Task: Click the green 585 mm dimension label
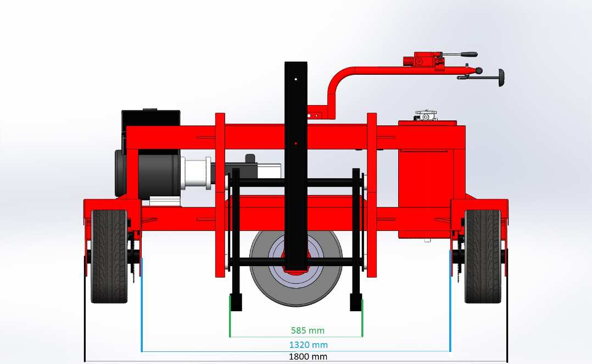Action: (x=308, y=330)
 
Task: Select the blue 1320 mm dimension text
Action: (x=309, y=345)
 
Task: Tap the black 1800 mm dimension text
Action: (x=308, y=356)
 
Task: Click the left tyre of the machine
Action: (x=109, y=256)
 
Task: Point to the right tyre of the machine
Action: (x=483, y=256)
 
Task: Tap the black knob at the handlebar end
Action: (x=501, y=78)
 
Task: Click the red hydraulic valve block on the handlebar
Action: (x=422, y=59)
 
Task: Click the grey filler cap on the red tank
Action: (x=426, y=115)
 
